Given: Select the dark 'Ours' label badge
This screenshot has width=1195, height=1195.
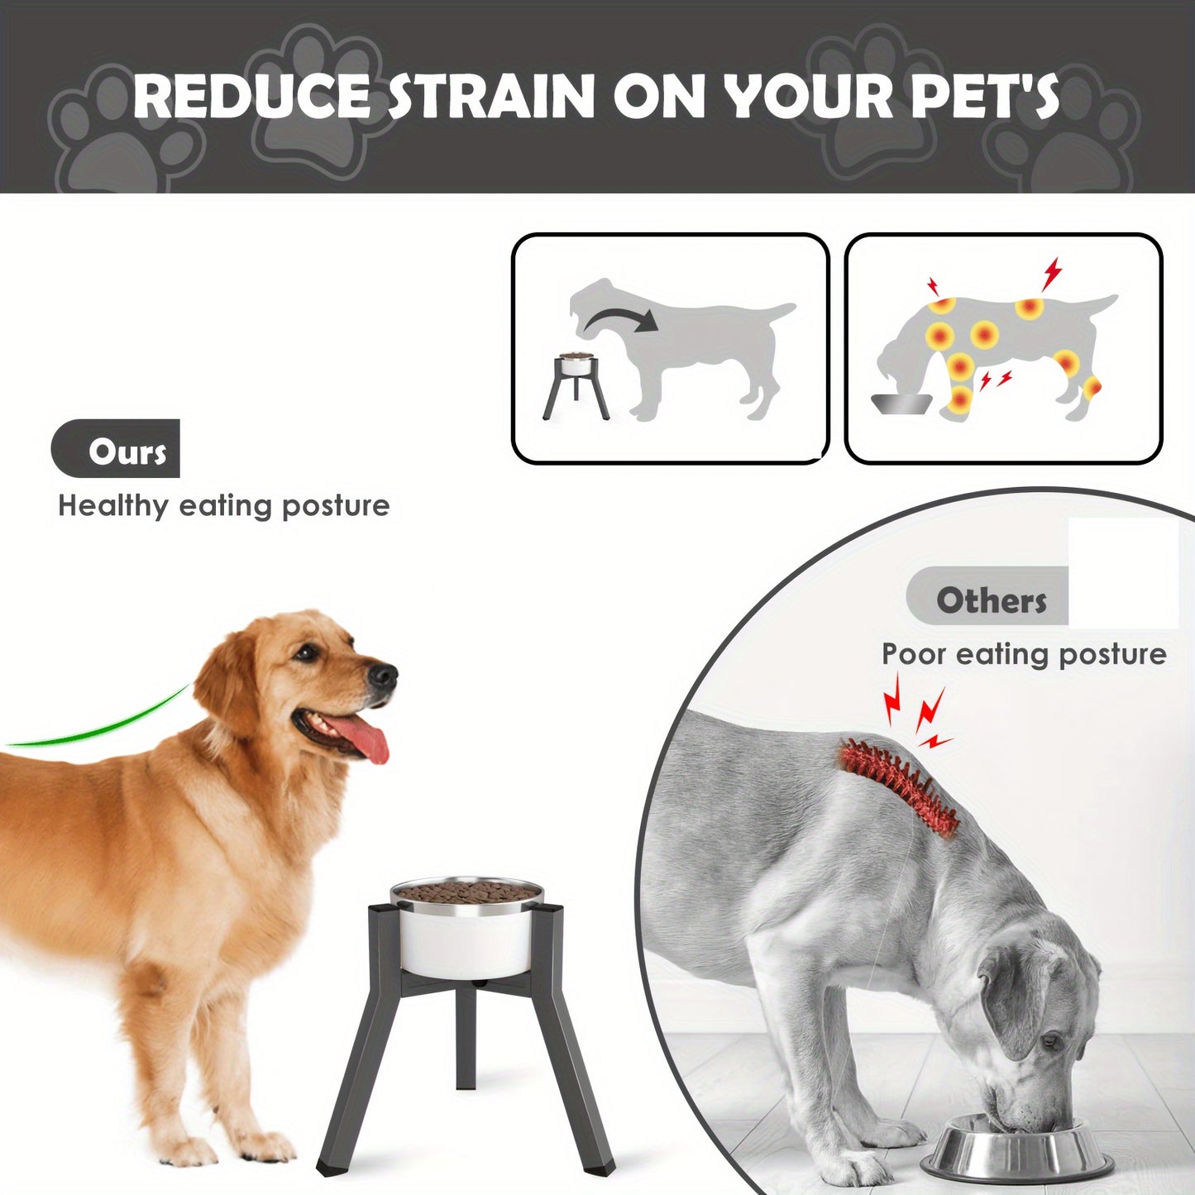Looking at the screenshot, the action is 115,448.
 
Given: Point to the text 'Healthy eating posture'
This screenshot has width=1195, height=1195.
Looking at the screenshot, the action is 224,506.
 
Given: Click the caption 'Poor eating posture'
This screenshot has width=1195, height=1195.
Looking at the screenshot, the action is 1024,654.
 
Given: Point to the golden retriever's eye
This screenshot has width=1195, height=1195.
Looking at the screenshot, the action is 306,653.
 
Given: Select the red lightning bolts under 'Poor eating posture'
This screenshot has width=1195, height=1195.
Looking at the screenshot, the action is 917,713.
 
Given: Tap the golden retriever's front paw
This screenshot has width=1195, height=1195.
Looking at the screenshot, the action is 257,1145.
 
